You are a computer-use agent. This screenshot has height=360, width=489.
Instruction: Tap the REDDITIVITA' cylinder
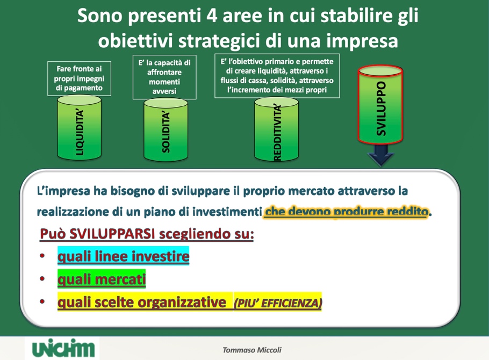point(277,129)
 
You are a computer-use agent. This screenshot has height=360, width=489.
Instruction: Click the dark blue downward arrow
point(380,157)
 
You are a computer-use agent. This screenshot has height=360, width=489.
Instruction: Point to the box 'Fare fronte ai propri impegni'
point(79,78)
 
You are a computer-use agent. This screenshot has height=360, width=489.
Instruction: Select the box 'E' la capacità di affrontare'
point(164,77)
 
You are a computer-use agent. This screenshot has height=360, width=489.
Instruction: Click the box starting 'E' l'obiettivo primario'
point(277,76)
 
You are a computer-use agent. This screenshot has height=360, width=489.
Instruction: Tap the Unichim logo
point(63,348)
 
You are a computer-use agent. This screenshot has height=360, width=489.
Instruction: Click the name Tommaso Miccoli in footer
point(252,350)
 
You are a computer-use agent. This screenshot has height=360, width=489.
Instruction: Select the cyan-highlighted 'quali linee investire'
point(123,256)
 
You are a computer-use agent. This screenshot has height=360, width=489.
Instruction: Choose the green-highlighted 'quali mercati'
point(102,279)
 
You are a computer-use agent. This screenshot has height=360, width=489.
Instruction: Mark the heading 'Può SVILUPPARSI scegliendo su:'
point(147,235)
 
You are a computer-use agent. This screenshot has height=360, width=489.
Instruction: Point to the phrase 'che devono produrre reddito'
point(347,212)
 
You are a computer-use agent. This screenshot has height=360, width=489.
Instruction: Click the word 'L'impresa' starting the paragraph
point(60,191)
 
